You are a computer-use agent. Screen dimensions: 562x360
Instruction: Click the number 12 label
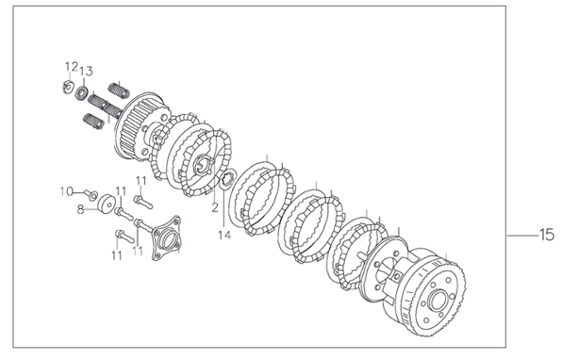72,67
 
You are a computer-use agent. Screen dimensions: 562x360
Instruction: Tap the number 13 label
86,72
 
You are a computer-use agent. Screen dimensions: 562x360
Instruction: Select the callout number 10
67,191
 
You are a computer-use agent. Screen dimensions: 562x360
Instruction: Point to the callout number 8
81,209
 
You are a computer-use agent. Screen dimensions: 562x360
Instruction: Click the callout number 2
215,207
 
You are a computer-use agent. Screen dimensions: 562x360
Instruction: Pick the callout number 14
224,235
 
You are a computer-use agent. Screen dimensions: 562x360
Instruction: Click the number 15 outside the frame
547,235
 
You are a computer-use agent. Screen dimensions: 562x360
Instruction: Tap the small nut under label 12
67,87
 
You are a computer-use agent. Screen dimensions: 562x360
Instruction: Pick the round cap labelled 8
107,204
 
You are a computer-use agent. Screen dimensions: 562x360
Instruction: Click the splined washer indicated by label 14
227,179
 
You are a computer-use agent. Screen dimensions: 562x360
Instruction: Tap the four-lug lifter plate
165,237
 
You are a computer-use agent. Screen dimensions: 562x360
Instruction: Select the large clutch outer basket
424,292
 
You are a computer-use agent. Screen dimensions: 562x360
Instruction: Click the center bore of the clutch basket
438,302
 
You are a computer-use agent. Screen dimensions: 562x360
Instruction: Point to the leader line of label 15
523,236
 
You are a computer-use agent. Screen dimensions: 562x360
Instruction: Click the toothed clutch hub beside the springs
142,125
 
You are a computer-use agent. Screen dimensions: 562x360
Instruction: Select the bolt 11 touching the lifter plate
143,225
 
